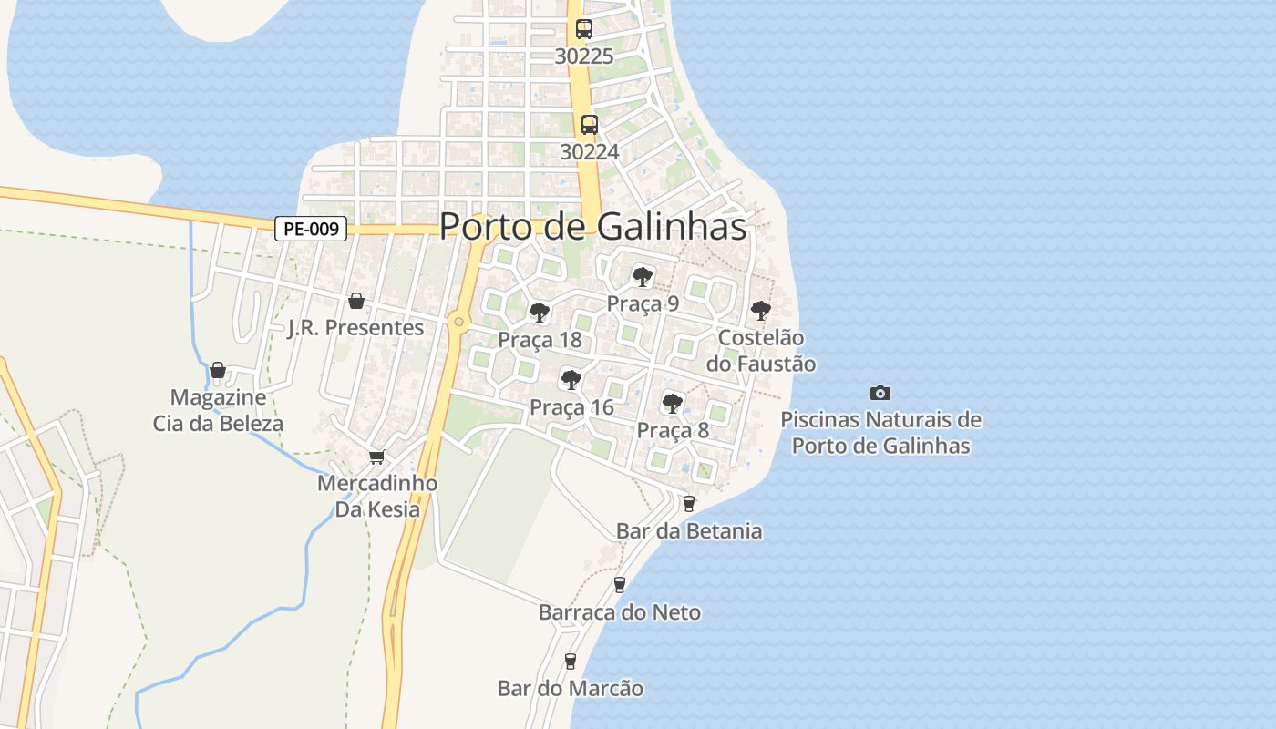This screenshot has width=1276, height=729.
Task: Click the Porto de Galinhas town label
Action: [x=593, y=227]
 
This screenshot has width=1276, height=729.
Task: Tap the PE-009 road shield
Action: [x=311, y=229]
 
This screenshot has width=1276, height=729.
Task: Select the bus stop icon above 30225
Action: [x=584, y=29]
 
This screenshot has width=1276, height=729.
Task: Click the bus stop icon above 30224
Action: [x=590, y=125]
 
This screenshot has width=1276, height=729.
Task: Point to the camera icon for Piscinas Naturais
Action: [x=880, y=393]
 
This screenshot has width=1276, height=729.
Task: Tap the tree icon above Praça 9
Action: [x=643, y=276]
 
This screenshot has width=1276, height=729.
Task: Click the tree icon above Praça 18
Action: [x=540, y=313]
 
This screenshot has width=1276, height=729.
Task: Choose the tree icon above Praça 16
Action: [x=571, y=380]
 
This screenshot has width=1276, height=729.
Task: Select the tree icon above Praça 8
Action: [x=673, y=403]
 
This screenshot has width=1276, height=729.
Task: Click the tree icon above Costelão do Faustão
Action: [x=761, y=311]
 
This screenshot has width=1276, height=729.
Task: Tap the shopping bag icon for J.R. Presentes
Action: [x=356, y=301]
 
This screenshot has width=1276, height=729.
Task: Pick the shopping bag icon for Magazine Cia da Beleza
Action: [x=218, y=370]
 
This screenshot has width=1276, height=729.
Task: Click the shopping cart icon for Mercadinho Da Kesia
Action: [x=376, y=457]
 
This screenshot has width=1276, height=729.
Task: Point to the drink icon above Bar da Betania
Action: [x=689, y=503]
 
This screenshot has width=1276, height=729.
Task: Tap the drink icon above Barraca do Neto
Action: [x=620, y=584]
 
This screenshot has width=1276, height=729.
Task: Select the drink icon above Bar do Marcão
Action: [x=571, y=661]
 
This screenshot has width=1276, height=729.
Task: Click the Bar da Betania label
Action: [x=689, y=530]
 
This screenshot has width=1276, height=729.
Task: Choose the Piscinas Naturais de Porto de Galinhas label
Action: [x=880, y=433]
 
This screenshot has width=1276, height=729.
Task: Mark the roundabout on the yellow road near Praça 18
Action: [x=458, y=322]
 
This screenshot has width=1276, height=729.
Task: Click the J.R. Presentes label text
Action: [x=356, y=328]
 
